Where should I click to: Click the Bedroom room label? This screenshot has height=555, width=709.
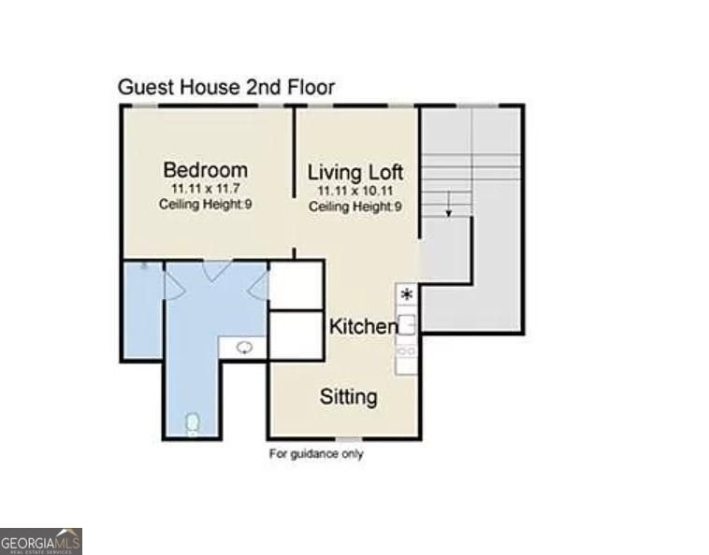[205, 170]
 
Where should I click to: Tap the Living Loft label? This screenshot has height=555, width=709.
[354, 173]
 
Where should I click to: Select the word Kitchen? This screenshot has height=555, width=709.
[364, 326]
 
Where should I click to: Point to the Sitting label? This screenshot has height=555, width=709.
[349, 397]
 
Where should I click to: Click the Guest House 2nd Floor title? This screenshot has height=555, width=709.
[226, 87]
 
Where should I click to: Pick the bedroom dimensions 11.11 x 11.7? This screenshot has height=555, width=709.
[206, 189]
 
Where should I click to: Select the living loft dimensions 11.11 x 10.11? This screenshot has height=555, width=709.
[354, 191]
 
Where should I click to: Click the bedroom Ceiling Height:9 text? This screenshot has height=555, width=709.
[205, 204]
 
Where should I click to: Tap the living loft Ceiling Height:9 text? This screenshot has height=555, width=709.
[354, 206]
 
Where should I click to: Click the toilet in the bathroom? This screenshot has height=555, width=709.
[193, 424]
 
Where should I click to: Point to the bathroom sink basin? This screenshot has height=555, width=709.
[245, 348]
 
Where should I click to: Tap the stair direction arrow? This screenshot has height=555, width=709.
[449, 204]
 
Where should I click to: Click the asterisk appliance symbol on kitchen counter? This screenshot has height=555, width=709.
[407, 295]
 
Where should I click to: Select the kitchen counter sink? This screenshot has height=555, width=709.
[407, 325]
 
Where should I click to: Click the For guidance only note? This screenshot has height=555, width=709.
[316, 453]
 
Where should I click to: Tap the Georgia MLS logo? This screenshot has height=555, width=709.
[41, 541]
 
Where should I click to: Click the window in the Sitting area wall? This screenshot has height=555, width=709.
[349, 439]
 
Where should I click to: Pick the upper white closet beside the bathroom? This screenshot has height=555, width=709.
[297, 285]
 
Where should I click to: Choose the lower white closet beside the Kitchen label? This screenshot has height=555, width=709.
[297, 336]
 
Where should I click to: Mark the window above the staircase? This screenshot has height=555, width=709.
[477, 107]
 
